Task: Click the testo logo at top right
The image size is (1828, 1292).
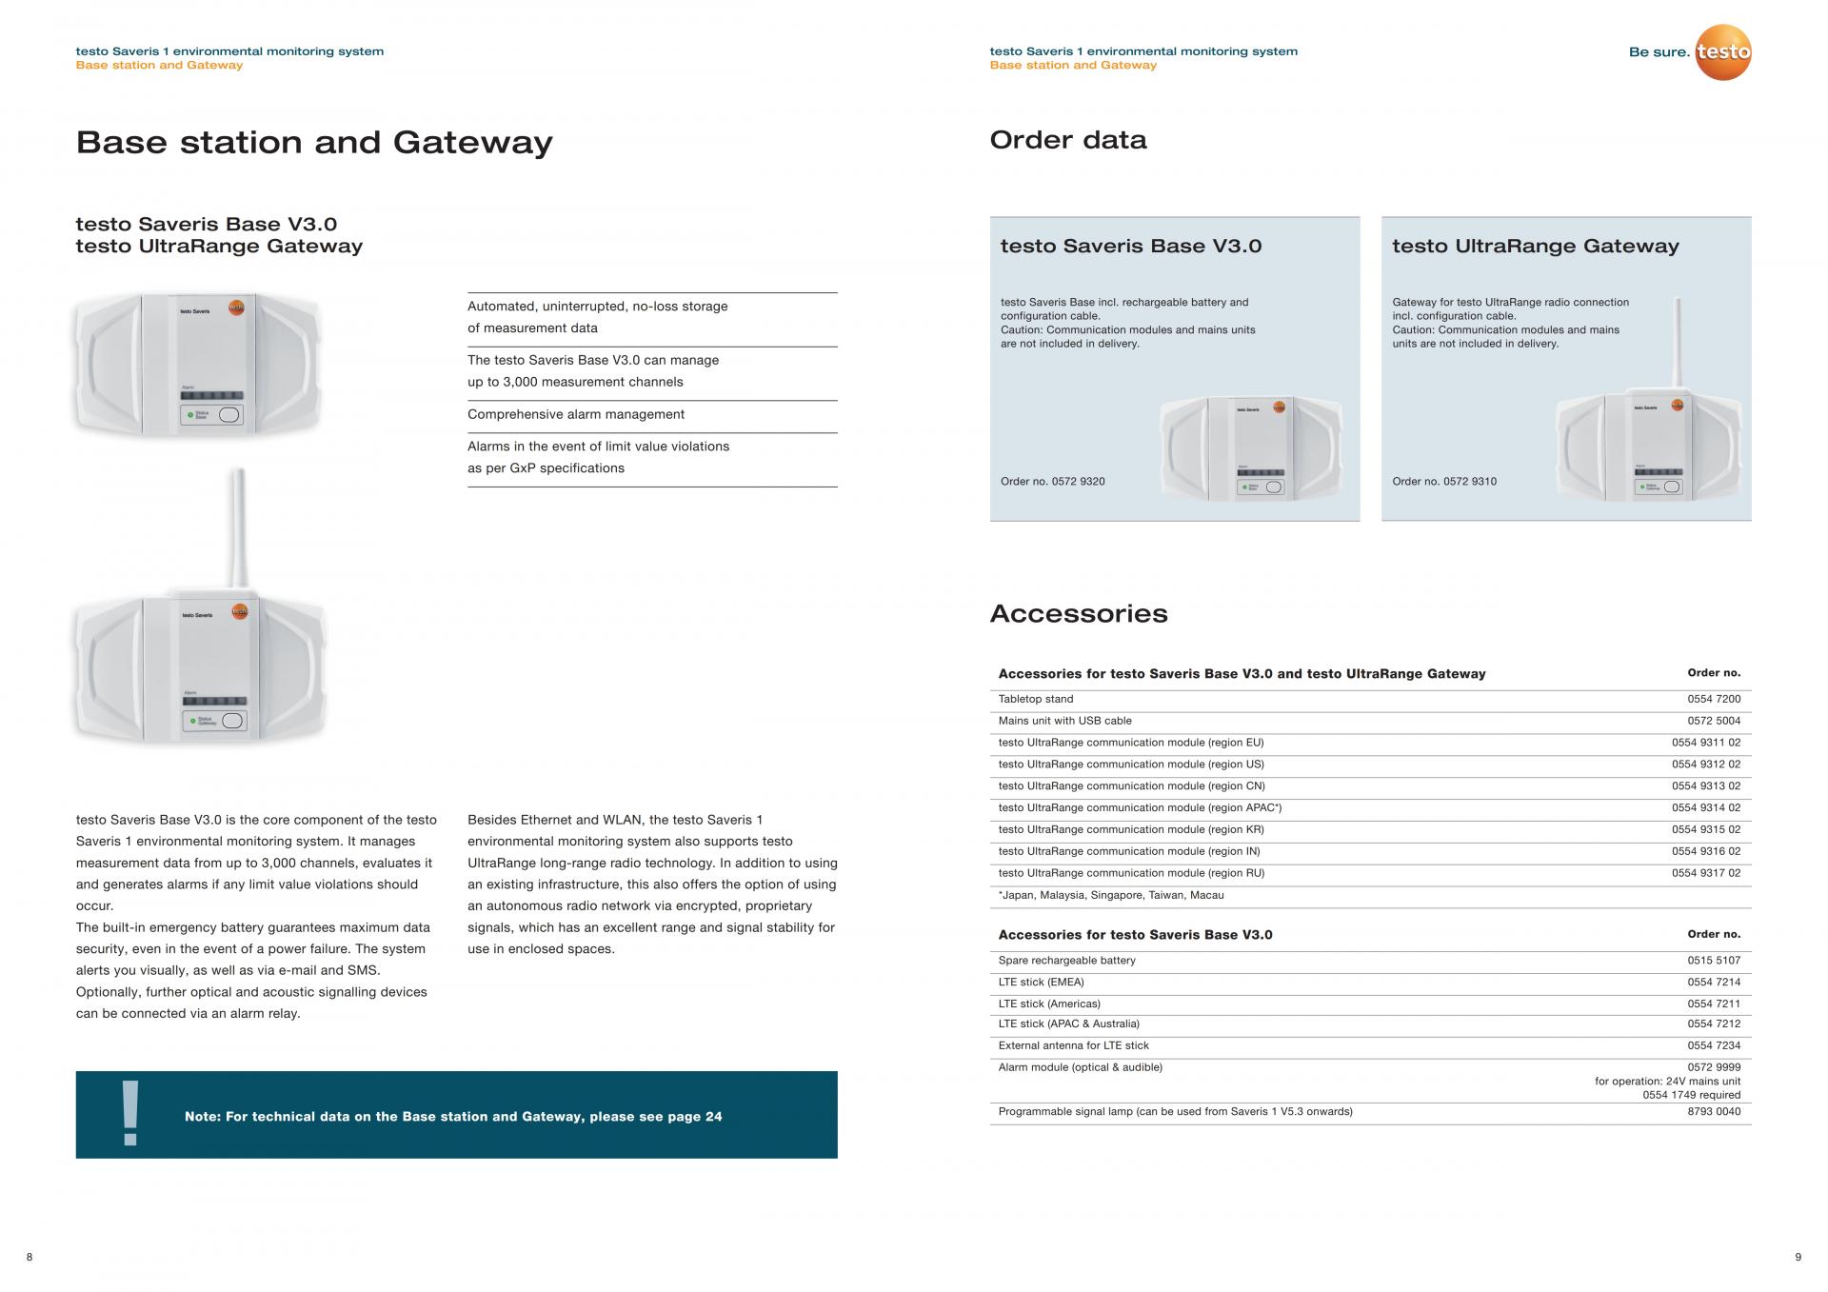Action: (1723, 51)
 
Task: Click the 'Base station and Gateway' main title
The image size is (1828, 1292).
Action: (314, 143)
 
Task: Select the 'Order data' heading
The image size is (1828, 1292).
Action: (1068, 140)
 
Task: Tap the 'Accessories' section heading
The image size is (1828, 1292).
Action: (1079, 613)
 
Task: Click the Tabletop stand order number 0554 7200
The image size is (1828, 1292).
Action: (1714, 699)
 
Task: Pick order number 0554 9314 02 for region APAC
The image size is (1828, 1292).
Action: (1705, 808)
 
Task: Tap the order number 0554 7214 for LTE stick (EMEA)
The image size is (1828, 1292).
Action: (1714, 983)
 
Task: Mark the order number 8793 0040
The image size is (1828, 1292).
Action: (1714, 1112)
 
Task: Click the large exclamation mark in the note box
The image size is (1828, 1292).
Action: (130, 1113)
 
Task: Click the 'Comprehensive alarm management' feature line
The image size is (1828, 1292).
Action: (576, 415)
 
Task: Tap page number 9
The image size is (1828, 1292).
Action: (1798, 1258)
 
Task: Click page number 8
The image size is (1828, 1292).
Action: (30, 1258)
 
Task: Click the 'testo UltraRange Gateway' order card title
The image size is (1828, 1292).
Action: (1536, 247)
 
